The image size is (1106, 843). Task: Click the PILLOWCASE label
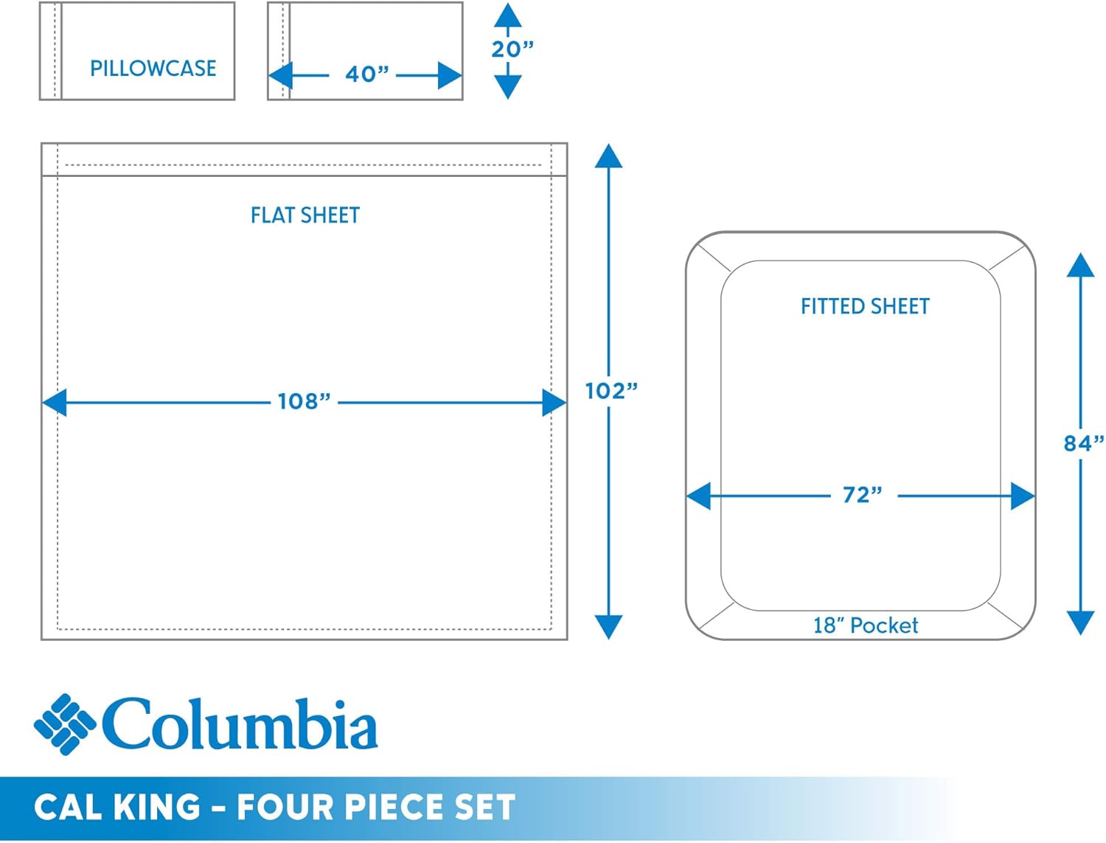tap(153, 69)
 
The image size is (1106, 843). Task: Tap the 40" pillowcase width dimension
tap(366, 74)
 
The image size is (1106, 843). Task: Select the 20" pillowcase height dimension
tap(512, 49)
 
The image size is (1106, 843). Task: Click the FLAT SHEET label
tap(305, 215)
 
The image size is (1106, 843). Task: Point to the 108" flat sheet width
tap(304, 401)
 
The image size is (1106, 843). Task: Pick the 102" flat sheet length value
tap(611, 391)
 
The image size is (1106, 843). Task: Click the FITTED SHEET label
tap(865, 306)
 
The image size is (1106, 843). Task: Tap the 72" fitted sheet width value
tap(862, 495)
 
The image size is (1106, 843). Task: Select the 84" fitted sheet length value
tap(1083, 443)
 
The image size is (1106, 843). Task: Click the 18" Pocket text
tap(865, 625)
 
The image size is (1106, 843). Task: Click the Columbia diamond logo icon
tap(64, 724)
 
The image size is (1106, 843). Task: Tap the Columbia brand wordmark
tap(240, 724)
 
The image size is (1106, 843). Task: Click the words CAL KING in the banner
tap(117, 807)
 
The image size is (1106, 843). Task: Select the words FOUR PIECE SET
tap(376, 807)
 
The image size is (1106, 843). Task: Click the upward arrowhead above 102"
tap(608, 156)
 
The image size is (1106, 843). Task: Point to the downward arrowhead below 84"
tap(1080, 622)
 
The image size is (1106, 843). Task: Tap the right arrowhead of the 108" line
tap(554, 403)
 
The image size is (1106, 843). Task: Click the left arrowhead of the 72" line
tap(699, 496)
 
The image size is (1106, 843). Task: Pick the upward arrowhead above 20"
tap(507, 15)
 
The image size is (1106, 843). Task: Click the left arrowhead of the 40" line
tap(281, 75)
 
